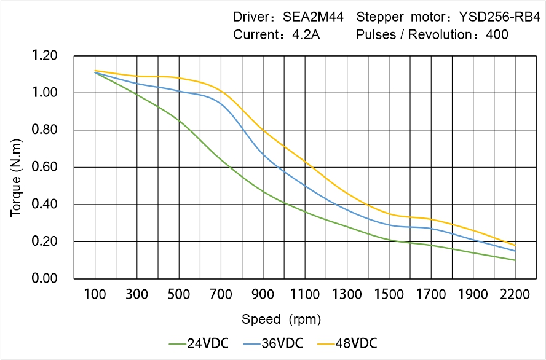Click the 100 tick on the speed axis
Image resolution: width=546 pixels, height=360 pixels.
coord(95,295)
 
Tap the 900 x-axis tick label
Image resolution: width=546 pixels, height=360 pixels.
coord(263,295)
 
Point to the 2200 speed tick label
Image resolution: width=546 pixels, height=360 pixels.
coord(515,295)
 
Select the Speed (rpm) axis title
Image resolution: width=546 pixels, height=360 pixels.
coord(281,319)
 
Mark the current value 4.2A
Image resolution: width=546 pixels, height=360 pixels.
coord(305,35)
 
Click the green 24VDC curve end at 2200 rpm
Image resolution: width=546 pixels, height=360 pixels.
coord(515,260)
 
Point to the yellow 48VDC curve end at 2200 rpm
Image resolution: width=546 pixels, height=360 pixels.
coord(515,245)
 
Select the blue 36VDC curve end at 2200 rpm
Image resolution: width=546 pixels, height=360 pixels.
coord(515,251)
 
